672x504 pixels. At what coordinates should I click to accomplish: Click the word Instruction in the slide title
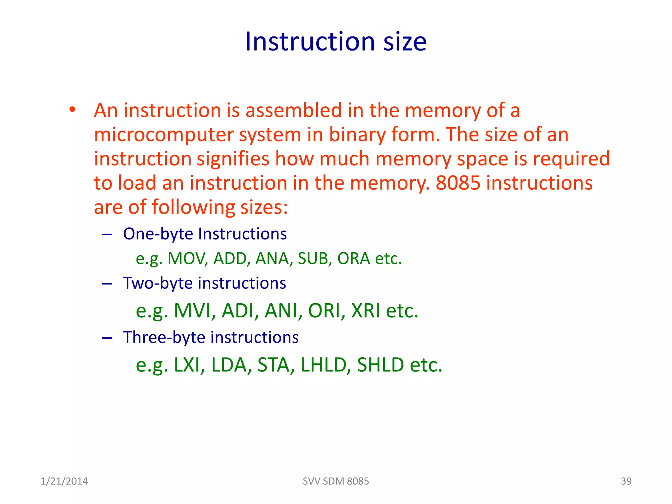coord(310,42)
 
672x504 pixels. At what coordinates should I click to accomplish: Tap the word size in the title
coord(405,42)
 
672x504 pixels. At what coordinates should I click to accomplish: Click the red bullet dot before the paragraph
coord(72,110)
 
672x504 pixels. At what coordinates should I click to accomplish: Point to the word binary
coord(357,135)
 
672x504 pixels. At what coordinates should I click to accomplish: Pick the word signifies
coord(233,159)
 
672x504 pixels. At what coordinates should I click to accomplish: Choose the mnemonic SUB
coord(313,259)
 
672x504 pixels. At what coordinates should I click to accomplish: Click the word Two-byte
coord(158,283)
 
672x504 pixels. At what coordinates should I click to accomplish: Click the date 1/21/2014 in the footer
coord(64,481)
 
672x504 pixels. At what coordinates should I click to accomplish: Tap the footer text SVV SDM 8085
coord(336,481)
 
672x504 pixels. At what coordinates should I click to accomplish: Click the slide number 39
coord(626,481)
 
